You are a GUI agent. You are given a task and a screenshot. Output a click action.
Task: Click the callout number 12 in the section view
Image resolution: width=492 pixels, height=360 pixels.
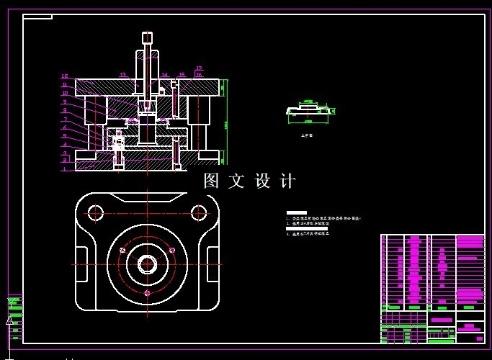(64, 76)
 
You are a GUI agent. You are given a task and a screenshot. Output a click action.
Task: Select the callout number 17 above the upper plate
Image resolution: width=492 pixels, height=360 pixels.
(200, 68)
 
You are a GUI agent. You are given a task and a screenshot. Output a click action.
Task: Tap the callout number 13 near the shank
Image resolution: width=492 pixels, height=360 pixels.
(122, 75)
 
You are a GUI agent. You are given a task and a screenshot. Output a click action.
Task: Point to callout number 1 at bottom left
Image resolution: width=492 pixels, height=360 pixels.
(64, 169)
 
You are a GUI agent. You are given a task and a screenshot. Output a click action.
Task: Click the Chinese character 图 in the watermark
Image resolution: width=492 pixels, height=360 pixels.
(211, 181)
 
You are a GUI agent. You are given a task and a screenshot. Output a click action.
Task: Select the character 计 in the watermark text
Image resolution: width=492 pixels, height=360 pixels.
(287, 181)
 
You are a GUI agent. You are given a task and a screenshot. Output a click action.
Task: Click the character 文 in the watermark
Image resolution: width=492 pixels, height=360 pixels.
(236, 181)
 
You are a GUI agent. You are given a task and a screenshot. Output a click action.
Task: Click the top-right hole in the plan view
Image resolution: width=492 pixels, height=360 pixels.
(199, 212)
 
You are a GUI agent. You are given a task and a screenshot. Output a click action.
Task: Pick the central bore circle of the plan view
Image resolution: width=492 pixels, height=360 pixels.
(147, 264)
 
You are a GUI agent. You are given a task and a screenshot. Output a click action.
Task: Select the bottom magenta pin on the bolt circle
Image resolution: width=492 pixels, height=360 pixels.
(146, 293)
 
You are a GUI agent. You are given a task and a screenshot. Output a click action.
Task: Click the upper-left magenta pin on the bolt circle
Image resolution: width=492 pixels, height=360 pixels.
(122, 250)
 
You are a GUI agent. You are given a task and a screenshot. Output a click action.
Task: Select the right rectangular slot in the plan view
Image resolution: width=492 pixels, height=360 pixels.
(213, 264)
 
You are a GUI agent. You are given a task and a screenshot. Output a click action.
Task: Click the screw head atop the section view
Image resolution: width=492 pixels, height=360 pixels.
(147, 37)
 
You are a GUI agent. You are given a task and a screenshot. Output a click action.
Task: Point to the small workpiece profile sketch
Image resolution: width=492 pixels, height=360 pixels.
(310, 110)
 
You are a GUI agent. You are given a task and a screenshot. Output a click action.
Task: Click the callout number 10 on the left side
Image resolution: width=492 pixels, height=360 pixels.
(64, 94)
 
